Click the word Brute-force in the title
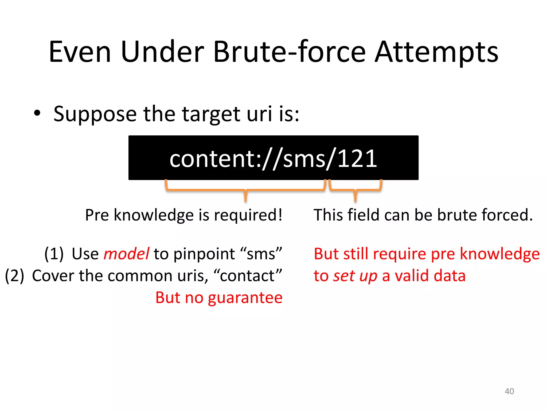pyautogui.click(x=289, y=52)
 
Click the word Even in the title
pyautogui.click(x=80, y=52)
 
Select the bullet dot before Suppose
pyautogui.click(x=37, y=113)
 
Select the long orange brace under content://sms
pyautogui.click(x=245, y=190)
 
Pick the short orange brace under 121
pyautogui.click(x=355, y=190)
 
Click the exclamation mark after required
pyautogui.click(x=280, y=215)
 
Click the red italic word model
pyautogui.click(x=126, y=254)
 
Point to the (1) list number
pyautogui.click(x=54, y=254)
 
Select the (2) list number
pyautogui.click(x=15, y=276)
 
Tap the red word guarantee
pyautogui.click(x=245, y=298)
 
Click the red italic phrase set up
pyautogui.click(x=355, y=276)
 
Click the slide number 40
pyautogui.click(x=509, y=391)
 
